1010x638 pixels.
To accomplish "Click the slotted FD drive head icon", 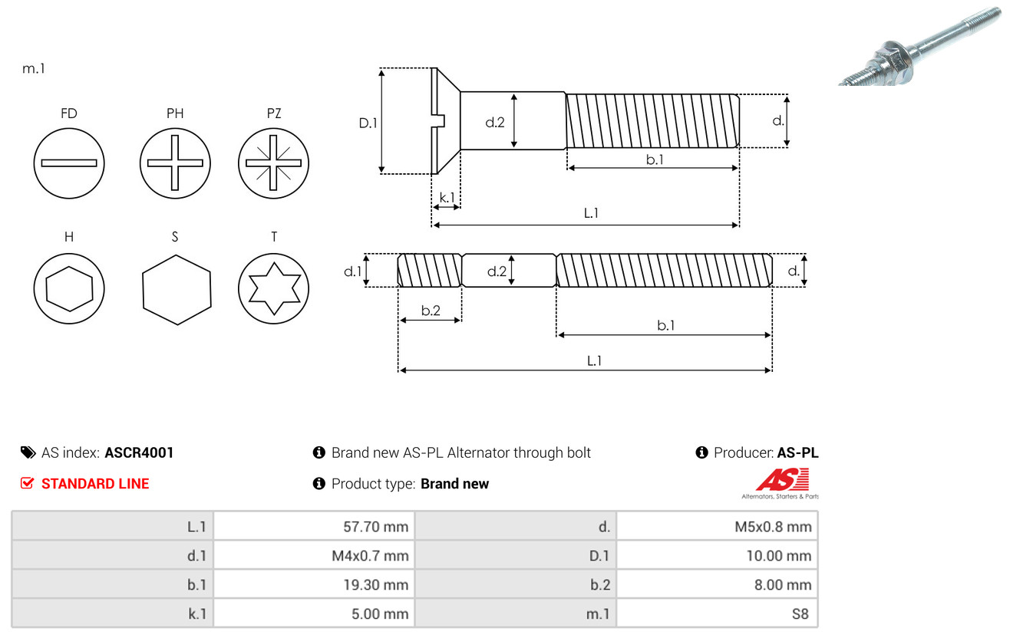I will tap(69, 163).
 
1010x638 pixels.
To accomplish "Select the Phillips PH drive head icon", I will tap(175, 163).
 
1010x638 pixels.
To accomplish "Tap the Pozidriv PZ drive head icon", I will tap(273, 163).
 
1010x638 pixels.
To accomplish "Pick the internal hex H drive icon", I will tap(69, 289).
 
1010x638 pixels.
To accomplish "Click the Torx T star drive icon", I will tap(273, 289).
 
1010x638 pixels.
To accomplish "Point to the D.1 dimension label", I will tap(369, 122).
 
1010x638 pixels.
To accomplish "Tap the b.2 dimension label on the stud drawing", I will tap(431, 311).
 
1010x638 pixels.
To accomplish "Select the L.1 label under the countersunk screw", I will tap(591, 213).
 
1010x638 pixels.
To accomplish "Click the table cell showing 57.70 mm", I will tap(314, 526).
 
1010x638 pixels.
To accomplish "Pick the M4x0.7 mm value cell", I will tap(314, 555).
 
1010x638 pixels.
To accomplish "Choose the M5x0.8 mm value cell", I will tap(717, 526).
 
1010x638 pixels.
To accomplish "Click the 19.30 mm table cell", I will tap(314, 584).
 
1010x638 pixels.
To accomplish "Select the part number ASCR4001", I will tap(139, 452).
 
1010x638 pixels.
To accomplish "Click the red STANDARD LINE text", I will tap(95, 483).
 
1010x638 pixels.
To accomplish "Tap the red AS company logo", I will tap(782, 481).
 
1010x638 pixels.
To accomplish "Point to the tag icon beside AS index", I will tap(28, 452).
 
